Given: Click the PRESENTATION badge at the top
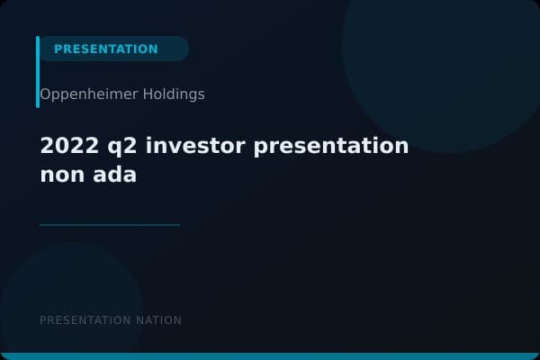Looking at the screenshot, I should [x=106, y=49].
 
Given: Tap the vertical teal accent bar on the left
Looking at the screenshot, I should [x=38, y=72].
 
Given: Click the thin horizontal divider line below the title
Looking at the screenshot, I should [x=110, y=225].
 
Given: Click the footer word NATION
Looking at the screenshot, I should [x=158, y=320].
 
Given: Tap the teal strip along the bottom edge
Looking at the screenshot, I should [x=270, y=356].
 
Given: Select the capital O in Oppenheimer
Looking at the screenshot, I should [x=45, y=94].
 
